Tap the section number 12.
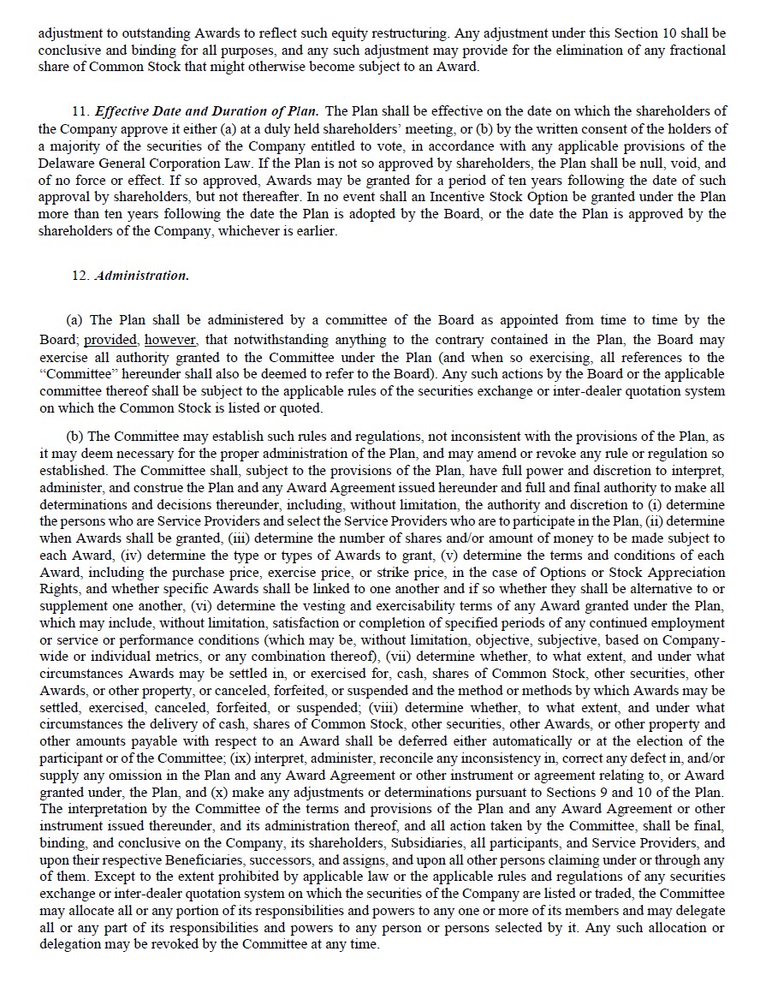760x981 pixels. click(x=80, y=276)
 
